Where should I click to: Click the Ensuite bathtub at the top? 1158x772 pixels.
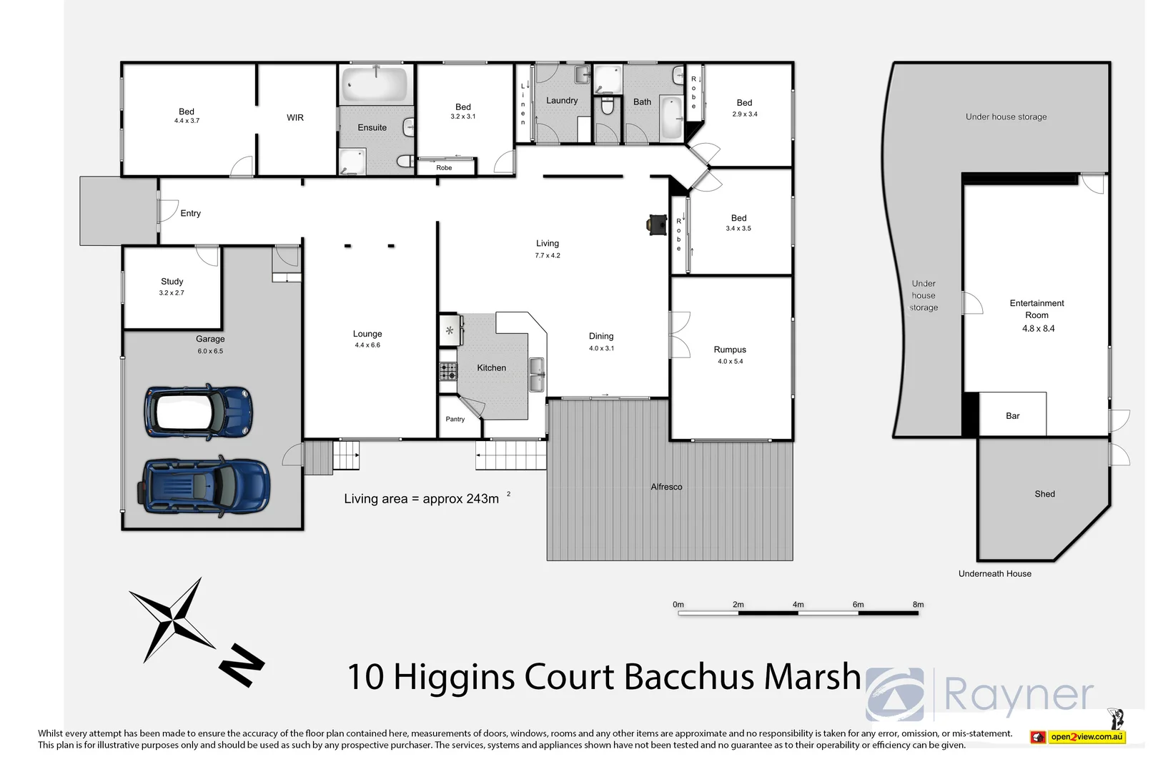(375, 84)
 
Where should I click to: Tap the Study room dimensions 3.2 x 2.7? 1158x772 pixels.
(172, 293)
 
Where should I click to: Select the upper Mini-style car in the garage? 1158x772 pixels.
(198, 412)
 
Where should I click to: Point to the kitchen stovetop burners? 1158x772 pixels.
(448, 371)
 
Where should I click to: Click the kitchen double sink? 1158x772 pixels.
(536, 374)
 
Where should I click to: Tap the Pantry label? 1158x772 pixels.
(455, 420)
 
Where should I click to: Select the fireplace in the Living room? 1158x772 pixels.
(656, 224)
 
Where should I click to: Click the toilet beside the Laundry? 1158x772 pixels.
(608, 107)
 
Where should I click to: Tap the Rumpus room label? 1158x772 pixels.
(730, 350)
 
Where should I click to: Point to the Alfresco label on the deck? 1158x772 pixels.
(666, 487)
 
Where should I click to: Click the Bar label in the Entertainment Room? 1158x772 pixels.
(1012, 416)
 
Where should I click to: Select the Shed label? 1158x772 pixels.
(1044, 494)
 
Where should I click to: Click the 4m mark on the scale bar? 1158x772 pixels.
(798, 605)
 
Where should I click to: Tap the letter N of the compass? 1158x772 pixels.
(241, 665)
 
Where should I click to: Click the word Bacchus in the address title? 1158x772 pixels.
(690, 676)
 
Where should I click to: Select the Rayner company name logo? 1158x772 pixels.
(1019, 693)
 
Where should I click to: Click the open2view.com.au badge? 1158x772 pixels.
(1086, 737)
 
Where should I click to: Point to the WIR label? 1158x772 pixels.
(295, 118)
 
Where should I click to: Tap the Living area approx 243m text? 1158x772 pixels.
(422, 499)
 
